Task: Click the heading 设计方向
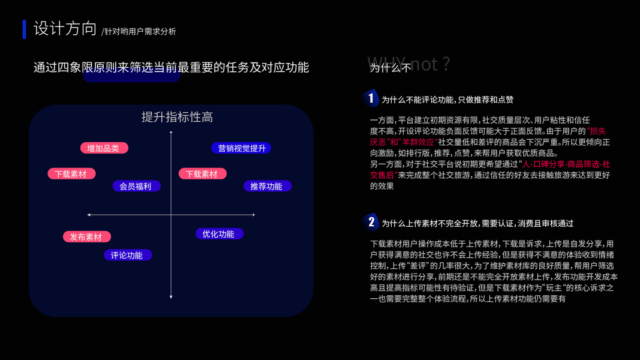pos(65,29)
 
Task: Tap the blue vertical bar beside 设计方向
pos(24,29)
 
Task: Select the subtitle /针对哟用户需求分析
pos(139,31)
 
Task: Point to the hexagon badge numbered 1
pos(371,98)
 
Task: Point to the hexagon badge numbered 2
pos(371,223)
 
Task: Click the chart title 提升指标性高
pos(177,117)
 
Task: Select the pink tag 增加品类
pos(104,148)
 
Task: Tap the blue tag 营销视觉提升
pos(241,148)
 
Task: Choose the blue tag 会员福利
pos(136,187)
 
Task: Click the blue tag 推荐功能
pos(266,187)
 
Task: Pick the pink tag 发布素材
pos(86,237)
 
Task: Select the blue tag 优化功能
pos(219,234)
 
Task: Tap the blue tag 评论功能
pos(127,256)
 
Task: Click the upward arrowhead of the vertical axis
pos(171,131)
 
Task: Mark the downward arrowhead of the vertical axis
pos(171,296)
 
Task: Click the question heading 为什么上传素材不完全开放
pos(430,223)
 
